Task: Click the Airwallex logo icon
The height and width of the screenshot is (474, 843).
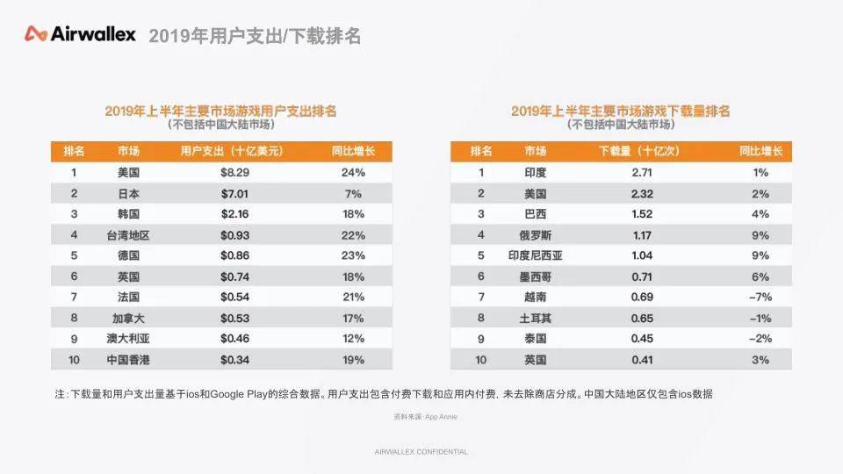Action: (35, 34)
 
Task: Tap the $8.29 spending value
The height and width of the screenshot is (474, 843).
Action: (235, 173)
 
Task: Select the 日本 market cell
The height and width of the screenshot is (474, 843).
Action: (128, 193)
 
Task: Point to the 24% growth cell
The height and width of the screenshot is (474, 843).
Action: (353, 173)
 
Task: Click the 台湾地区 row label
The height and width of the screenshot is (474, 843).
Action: (128, 235)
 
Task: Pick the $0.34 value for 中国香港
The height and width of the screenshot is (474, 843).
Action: (235, 360)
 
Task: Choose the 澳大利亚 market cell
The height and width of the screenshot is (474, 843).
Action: (128, 339)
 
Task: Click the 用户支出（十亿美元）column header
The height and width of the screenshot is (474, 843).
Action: (232, 151)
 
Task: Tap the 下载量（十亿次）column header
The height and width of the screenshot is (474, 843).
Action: (639, 151)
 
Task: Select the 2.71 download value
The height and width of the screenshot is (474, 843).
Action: (642, 173)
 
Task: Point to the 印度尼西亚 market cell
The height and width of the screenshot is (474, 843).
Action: (535, 255)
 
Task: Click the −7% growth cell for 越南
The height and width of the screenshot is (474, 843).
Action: (760, 298)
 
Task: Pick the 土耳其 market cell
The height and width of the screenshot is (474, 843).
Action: (535, 318)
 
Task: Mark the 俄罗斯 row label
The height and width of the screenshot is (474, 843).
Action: (535, 235)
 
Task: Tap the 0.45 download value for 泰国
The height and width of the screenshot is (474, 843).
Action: (642, 339)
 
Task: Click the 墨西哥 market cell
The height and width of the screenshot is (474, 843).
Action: (535, 276)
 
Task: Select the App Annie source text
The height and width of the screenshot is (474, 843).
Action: (441, 416)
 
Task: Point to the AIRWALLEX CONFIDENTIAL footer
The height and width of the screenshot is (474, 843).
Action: (421, 452)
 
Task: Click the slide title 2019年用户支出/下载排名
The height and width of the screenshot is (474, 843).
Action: (255, 36)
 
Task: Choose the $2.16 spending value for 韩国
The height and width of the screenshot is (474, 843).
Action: (235, 214)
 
